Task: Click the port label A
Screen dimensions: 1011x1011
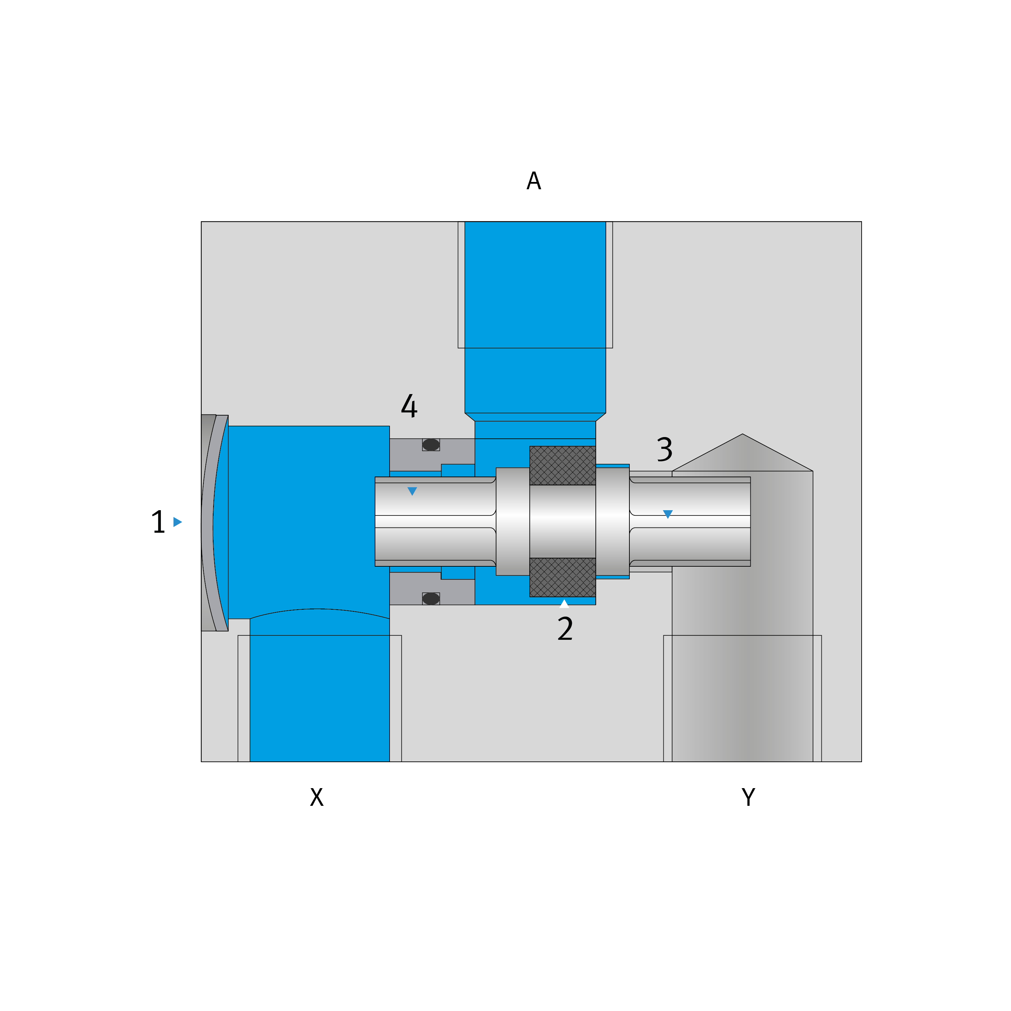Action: point(534,181)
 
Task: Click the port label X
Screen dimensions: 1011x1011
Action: point(316,797)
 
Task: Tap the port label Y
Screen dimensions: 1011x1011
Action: point(748,797)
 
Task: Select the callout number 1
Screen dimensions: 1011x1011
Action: point(158,522)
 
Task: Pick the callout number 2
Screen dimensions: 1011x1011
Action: point(565,629)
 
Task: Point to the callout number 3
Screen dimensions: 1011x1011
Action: point(664,449)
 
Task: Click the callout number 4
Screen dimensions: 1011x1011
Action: point(409,406)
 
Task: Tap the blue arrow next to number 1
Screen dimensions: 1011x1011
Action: point(177,522)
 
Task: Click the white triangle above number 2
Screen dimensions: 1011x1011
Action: point(564,603)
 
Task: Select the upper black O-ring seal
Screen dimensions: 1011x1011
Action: point(431,445)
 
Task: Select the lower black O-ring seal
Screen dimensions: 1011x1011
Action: point(431,599)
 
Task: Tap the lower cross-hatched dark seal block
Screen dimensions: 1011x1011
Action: point(563,577)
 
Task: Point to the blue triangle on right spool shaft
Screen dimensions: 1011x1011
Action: point(668,514)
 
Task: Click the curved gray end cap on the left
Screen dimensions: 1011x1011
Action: point(212,523)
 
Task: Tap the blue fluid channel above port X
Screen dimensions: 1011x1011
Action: point(319,696)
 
